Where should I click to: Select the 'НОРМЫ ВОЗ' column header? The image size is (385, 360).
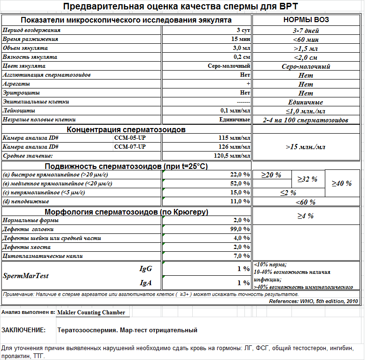point(306,20)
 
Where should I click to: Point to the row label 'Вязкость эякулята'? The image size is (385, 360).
point(30,57)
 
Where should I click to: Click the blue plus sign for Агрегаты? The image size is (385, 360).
point(248,83)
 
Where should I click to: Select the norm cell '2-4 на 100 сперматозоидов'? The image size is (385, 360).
point(306,120)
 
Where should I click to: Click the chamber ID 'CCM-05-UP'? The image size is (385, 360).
point(130,138)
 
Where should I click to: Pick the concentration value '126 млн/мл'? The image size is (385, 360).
point(235,147)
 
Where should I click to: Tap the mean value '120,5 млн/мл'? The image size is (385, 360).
point(232,156)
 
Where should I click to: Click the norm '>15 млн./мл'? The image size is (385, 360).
point(306,147)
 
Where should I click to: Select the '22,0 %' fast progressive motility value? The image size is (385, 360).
point(240,175)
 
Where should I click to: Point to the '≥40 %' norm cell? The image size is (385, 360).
point(342,184)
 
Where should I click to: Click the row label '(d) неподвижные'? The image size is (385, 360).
point(26,201)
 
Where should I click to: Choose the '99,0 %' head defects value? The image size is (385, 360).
point(240,229)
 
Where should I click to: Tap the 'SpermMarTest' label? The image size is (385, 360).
point(26,276)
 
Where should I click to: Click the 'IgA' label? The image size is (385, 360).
point(145,283)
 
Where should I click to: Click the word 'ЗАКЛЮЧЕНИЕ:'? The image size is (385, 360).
point(24,330)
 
